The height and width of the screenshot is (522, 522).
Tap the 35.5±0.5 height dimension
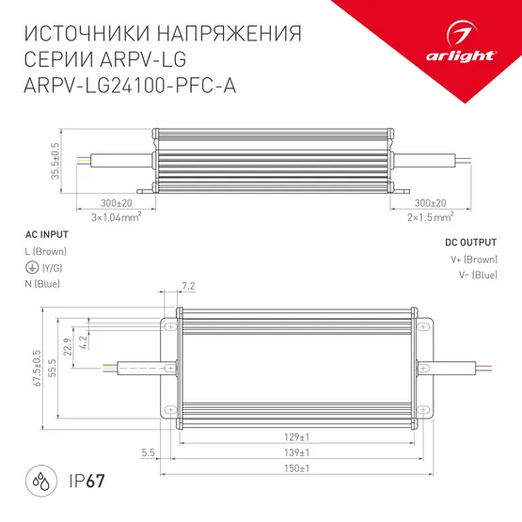(x=55, y=160)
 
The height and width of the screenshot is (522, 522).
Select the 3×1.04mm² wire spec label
(x=116, y=217)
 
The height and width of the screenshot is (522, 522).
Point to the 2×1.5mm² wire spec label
(x=431, y=217)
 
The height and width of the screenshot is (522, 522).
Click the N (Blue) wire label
(x=48, y=283)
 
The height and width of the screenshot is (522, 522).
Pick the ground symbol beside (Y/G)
(x=32, y=268)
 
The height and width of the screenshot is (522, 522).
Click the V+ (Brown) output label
(x=472, y=259)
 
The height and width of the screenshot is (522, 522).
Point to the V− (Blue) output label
(x=473, y=275)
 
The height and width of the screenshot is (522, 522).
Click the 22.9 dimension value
(x=67, y=347)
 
